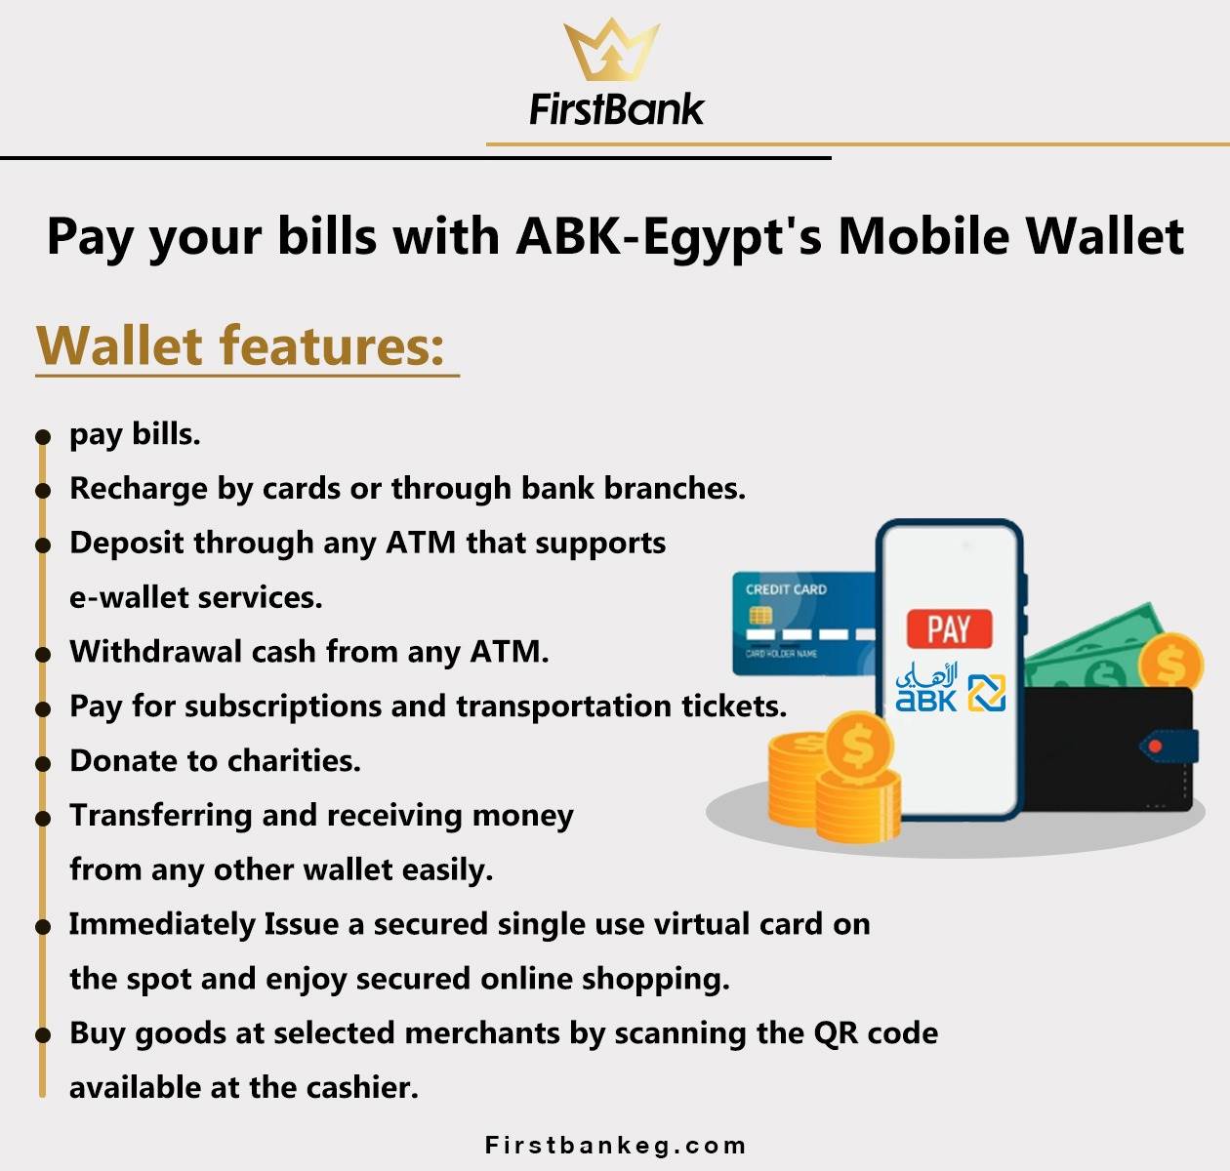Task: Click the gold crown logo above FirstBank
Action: [x=611, y=50]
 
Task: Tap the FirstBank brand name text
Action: [x=616, y=109]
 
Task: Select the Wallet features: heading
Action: [x=240, y=345]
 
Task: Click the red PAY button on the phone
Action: [x=949, y=628]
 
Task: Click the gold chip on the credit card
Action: [x=760, y=616]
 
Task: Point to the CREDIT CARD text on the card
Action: [x=786, y=589]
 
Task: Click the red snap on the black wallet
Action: [x=1155, y=746]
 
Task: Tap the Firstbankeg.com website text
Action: [x=616, y=1146]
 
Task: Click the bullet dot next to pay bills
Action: [x=43, y=436]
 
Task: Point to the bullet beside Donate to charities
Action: [x=43, y=764]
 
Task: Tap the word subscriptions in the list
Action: [x=283, y=707]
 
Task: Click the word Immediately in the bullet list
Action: [x=162, y=924]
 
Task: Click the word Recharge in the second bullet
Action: [x=139, y=489]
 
